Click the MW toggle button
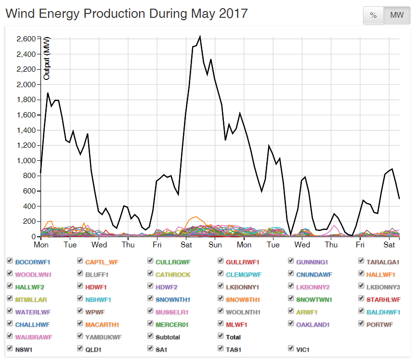pyautogui.click(x=397, y=15)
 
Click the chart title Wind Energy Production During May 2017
pyautogui.click(x=127, y=13)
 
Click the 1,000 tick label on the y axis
pyautogui.click(x=24, y=161)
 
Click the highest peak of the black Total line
pyautogui.click(x=200, y=36)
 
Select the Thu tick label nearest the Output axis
pyautogui.click(x=128, y=244)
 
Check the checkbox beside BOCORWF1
pyautogui.click(x=10, y=261)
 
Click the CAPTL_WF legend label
pyautogui.click(x=102, y=262)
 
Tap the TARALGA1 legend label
pyautogui.click(x=383, y=262)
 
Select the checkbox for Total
pyautogui.click(x=221, y=336)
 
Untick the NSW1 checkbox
pyautogui.click(x=10, y=348)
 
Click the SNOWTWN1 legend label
pyautogui.click(x=313, y=300)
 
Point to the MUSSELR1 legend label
pyautogui.click(x=172, y=312)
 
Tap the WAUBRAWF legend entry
pyautogui.click(x=34, y=337)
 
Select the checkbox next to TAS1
pyautogui.click(x=221, y=348)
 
